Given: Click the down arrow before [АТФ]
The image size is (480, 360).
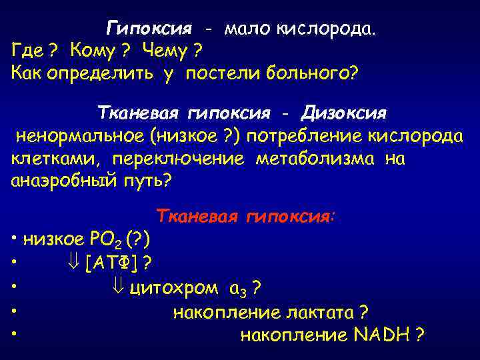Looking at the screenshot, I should click(x=74, y=264).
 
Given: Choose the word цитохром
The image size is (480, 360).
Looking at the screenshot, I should click(x=173, y=288).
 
